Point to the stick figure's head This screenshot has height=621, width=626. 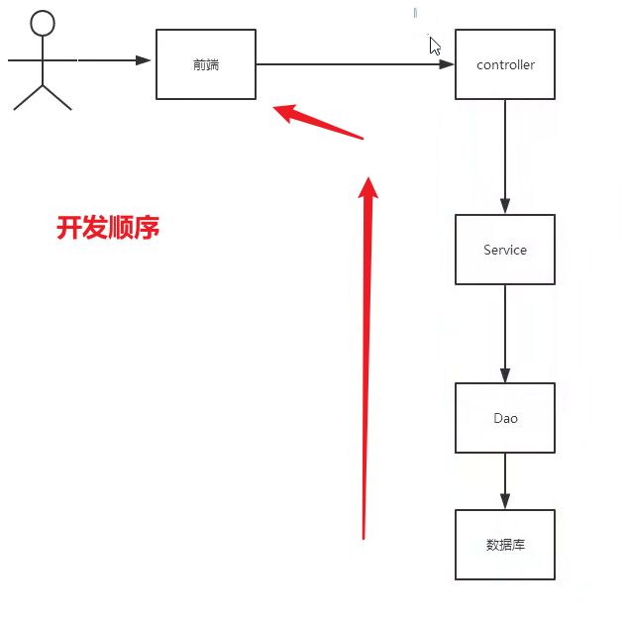(42, 24)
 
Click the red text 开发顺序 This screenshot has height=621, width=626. (108, 229)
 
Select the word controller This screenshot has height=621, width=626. (505, 65)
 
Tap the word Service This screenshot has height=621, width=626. (505, 250)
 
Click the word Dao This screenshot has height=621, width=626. (505, 418)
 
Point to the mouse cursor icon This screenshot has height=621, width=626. (434, 45)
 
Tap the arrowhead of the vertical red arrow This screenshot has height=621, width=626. (368, 188)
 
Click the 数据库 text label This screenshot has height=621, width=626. (505, 545)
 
